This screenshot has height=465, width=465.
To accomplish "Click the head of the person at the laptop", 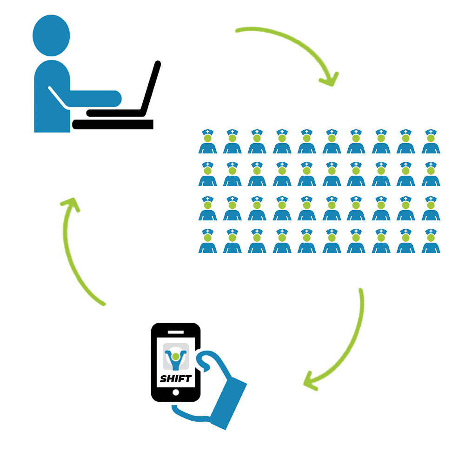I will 51,35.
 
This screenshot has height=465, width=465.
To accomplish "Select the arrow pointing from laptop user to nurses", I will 293,46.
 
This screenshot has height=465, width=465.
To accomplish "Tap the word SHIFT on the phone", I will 175,379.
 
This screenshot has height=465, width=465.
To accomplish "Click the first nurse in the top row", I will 207,141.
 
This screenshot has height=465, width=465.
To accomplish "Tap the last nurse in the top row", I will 431,141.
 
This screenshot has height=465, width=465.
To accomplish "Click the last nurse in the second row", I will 431,174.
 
